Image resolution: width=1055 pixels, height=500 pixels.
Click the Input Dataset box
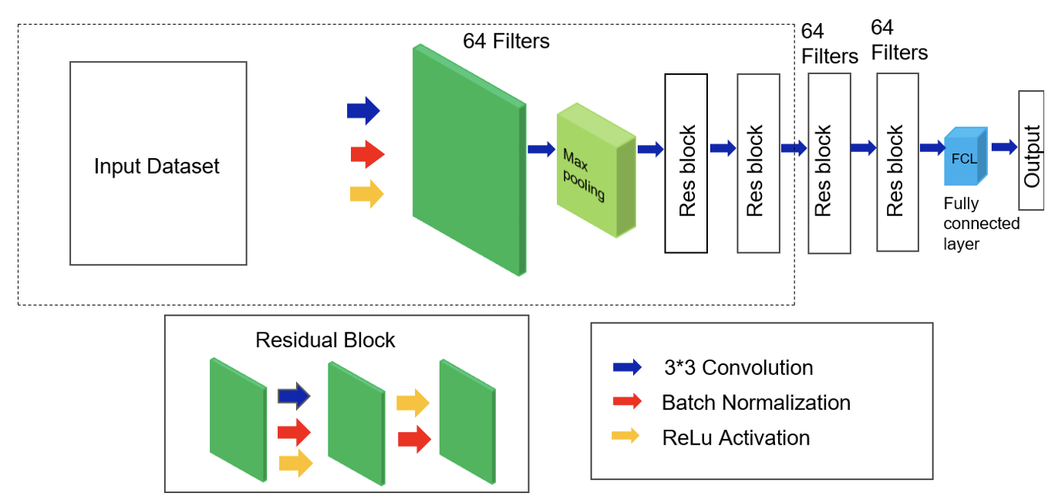tap(158, 164)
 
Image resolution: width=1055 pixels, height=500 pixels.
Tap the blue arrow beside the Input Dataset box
tap(363, 110)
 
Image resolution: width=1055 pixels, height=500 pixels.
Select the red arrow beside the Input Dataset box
tap(367, 155)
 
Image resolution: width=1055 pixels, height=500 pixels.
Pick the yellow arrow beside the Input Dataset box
tap(366, 194)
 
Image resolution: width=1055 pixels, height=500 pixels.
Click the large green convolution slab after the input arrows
tap(468, 160)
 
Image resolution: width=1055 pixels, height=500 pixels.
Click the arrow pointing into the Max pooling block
tap(541, 149)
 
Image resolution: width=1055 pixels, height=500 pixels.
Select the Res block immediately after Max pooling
tap(686, 163)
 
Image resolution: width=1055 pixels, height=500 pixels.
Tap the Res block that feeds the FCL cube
tap(898, 163)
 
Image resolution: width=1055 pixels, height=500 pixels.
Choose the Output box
tap(1031, 150)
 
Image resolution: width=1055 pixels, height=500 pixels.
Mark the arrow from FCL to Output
tap(1005, 147)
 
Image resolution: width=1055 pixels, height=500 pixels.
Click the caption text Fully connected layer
tap(982, 224)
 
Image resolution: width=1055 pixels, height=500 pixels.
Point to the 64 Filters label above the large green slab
tap(506, 41)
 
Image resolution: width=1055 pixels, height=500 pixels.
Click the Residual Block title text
tap(325, 340)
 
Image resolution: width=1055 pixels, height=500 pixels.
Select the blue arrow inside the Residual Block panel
tap(294, 396)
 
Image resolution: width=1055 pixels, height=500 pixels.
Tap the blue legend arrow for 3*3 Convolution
tap(626, 367)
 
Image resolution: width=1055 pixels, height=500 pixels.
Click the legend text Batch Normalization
tap(756, 403)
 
